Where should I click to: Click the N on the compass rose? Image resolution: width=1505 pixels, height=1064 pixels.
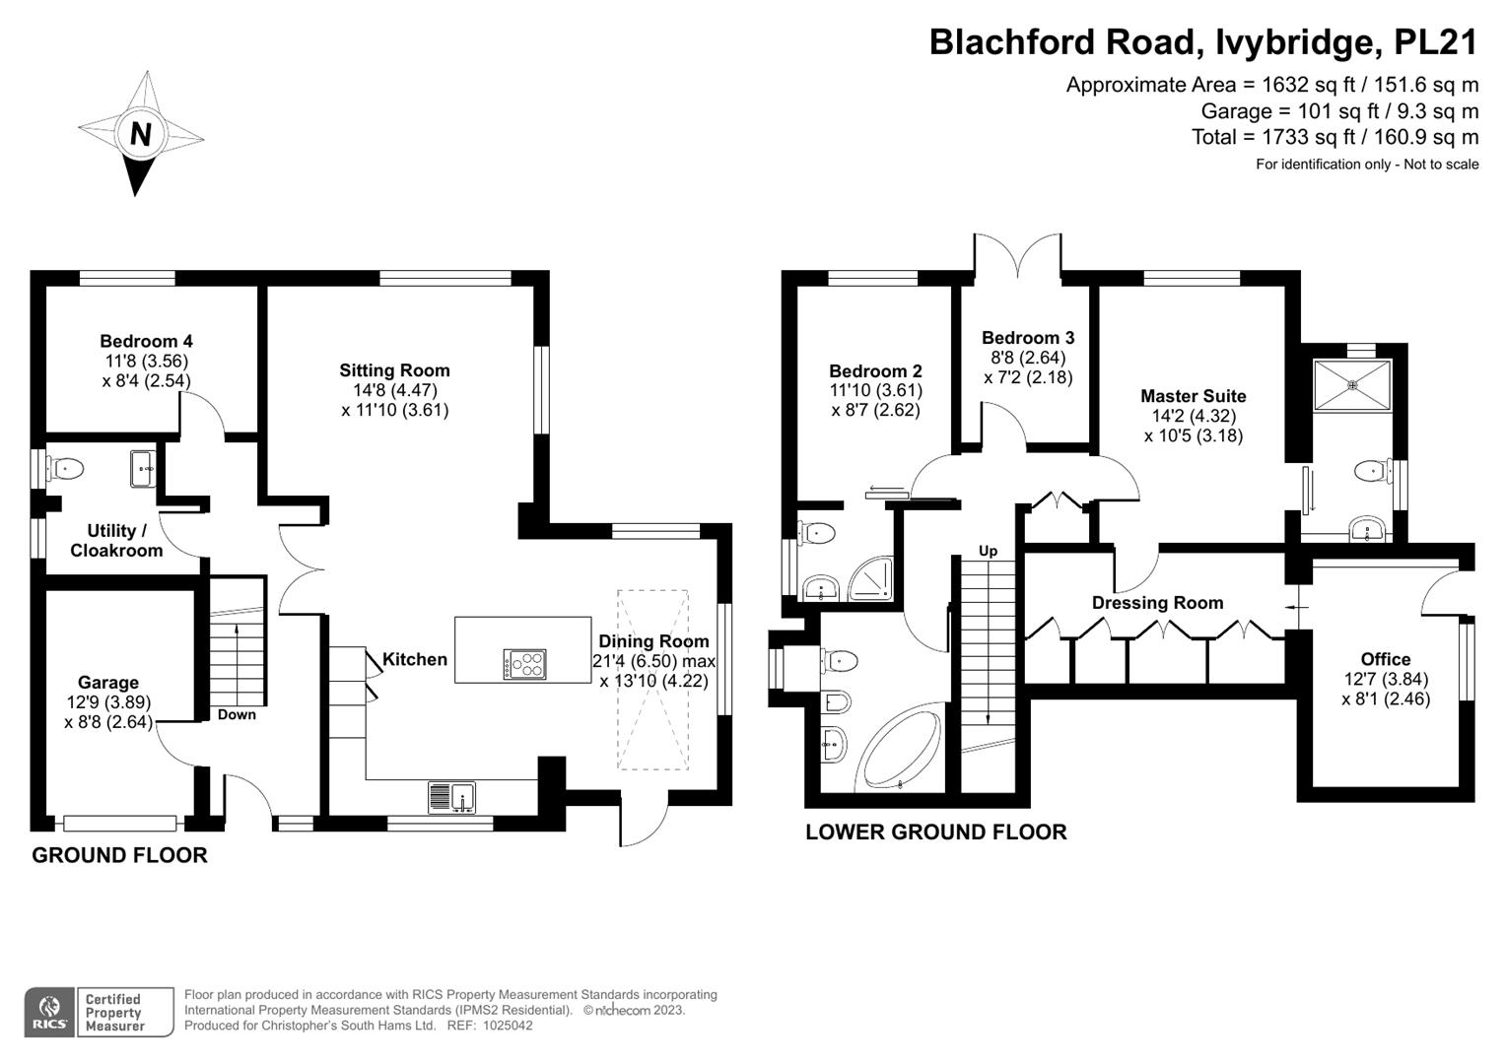[140, 133]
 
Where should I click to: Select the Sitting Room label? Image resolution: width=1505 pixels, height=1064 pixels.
[394, 370]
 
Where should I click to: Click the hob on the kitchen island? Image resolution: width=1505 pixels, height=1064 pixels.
[524, 664]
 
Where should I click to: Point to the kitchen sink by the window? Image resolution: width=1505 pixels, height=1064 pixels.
[451, 796]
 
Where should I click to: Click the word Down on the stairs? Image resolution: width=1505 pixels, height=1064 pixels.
[237, 714]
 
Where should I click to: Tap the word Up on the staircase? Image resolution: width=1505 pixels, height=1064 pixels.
[988, 550]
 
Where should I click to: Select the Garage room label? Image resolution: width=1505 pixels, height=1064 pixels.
[108, 682]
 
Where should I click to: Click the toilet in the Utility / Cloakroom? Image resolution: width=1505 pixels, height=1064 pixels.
[67, 468]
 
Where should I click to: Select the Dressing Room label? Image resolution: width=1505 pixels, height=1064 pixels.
[1157, 602]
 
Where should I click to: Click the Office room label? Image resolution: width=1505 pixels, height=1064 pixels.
[1385, 659]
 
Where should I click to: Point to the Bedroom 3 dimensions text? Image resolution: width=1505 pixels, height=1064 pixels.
[1028, 367]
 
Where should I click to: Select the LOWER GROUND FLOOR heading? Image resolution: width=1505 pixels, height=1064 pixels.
[935, 831]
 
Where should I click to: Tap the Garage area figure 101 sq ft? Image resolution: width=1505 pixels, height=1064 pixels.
[1321, 110]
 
